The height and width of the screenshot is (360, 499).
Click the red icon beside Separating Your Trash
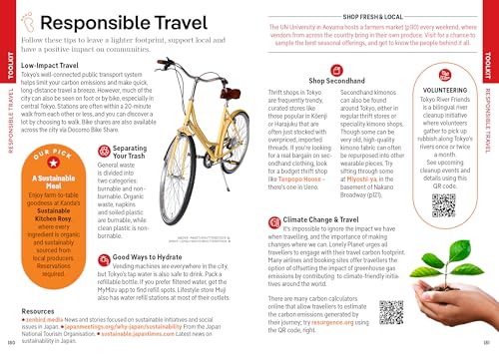[x=107, y=147]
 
